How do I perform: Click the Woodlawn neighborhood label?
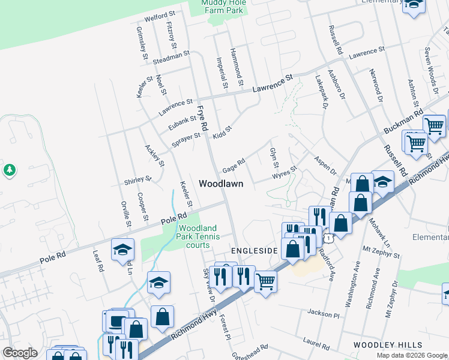[x=221, y=184]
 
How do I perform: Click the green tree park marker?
[x=9, y=170]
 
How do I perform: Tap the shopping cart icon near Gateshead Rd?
[x=265, y=281]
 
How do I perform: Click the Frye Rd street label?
[x=202, y=118]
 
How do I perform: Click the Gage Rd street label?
[x=234, y=164]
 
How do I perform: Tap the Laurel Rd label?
[x=316, y=344]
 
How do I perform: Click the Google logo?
[x=20, y=353]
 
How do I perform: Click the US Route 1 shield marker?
[x=328, y=239]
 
